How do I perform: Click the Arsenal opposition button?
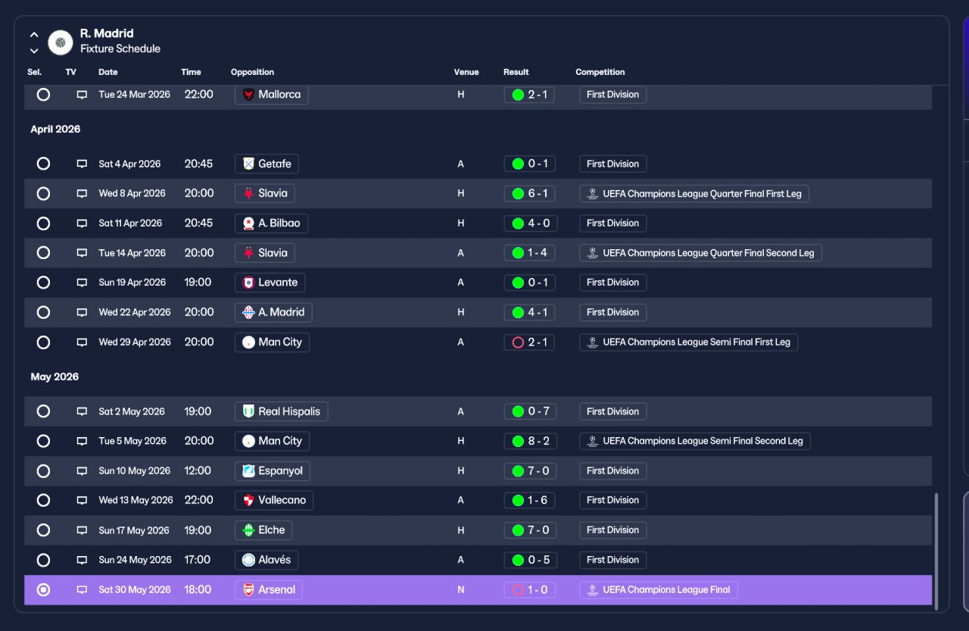coord(268,589)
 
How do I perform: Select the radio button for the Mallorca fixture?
coord(43,95)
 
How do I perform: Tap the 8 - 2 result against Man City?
coord(530,441)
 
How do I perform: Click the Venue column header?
coord(466,72)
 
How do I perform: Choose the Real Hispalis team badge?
coord(248,411)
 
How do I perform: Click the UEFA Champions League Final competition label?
coord(659,589)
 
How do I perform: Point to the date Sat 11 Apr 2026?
coord(130,223)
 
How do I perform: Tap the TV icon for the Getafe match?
coord(82,164)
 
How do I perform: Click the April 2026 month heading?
coord(55,129)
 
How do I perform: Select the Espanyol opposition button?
coord(272,470)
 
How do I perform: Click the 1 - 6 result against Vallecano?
coord(530,500)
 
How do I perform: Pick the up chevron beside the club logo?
coord(34,35)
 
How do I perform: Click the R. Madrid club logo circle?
coord(60,42)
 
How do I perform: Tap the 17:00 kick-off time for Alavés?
coord(198,560)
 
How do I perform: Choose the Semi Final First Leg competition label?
coord(689,342)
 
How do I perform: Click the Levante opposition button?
coord(270,283)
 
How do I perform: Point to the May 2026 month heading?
coord(55,376)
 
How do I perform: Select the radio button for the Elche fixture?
coord(43,530)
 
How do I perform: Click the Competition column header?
coord(600,72)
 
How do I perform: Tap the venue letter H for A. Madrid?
coord(461,312)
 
